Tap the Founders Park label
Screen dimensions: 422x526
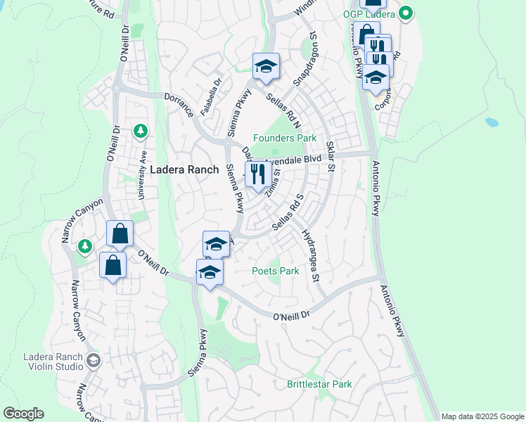(285, 138)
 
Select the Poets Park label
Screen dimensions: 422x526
(276, 271)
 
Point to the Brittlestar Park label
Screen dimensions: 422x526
(319, 384)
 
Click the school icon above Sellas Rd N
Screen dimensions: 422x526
(266, 67)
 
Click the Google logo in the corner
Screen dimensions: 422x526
(23, 414)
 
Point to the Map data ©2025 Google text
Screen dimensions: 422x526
(482, 416)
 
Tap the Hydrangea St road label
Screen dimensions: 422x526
(310, 255)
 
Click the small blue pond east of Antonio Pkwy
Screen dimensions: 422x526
(492, 122)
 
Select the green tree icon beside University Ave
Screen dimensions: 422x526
(141, 131)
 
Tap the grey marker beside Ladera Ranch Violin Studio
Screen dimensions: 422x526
(94, 361)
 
